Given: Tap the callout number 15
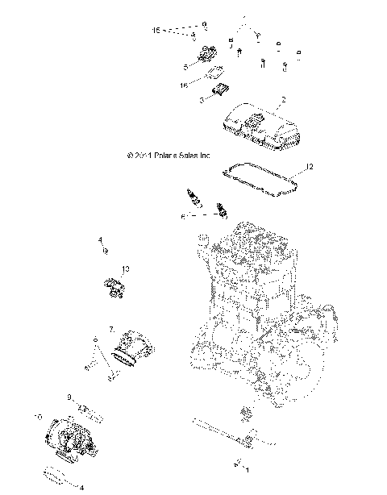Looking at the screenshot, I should point(156,30).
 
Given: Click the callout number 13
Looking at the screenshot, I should point(125,268).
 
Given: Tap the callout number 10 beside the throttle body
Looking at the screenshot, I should point(39,416).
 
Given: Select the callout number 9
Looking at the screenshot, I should point(70,397).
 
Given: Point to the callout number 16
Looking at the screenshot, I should point(184,83).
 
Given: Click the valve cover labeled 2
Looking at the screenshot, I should point(260,126).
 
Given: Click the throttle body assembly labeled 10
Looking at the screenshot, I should point(75,435).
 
